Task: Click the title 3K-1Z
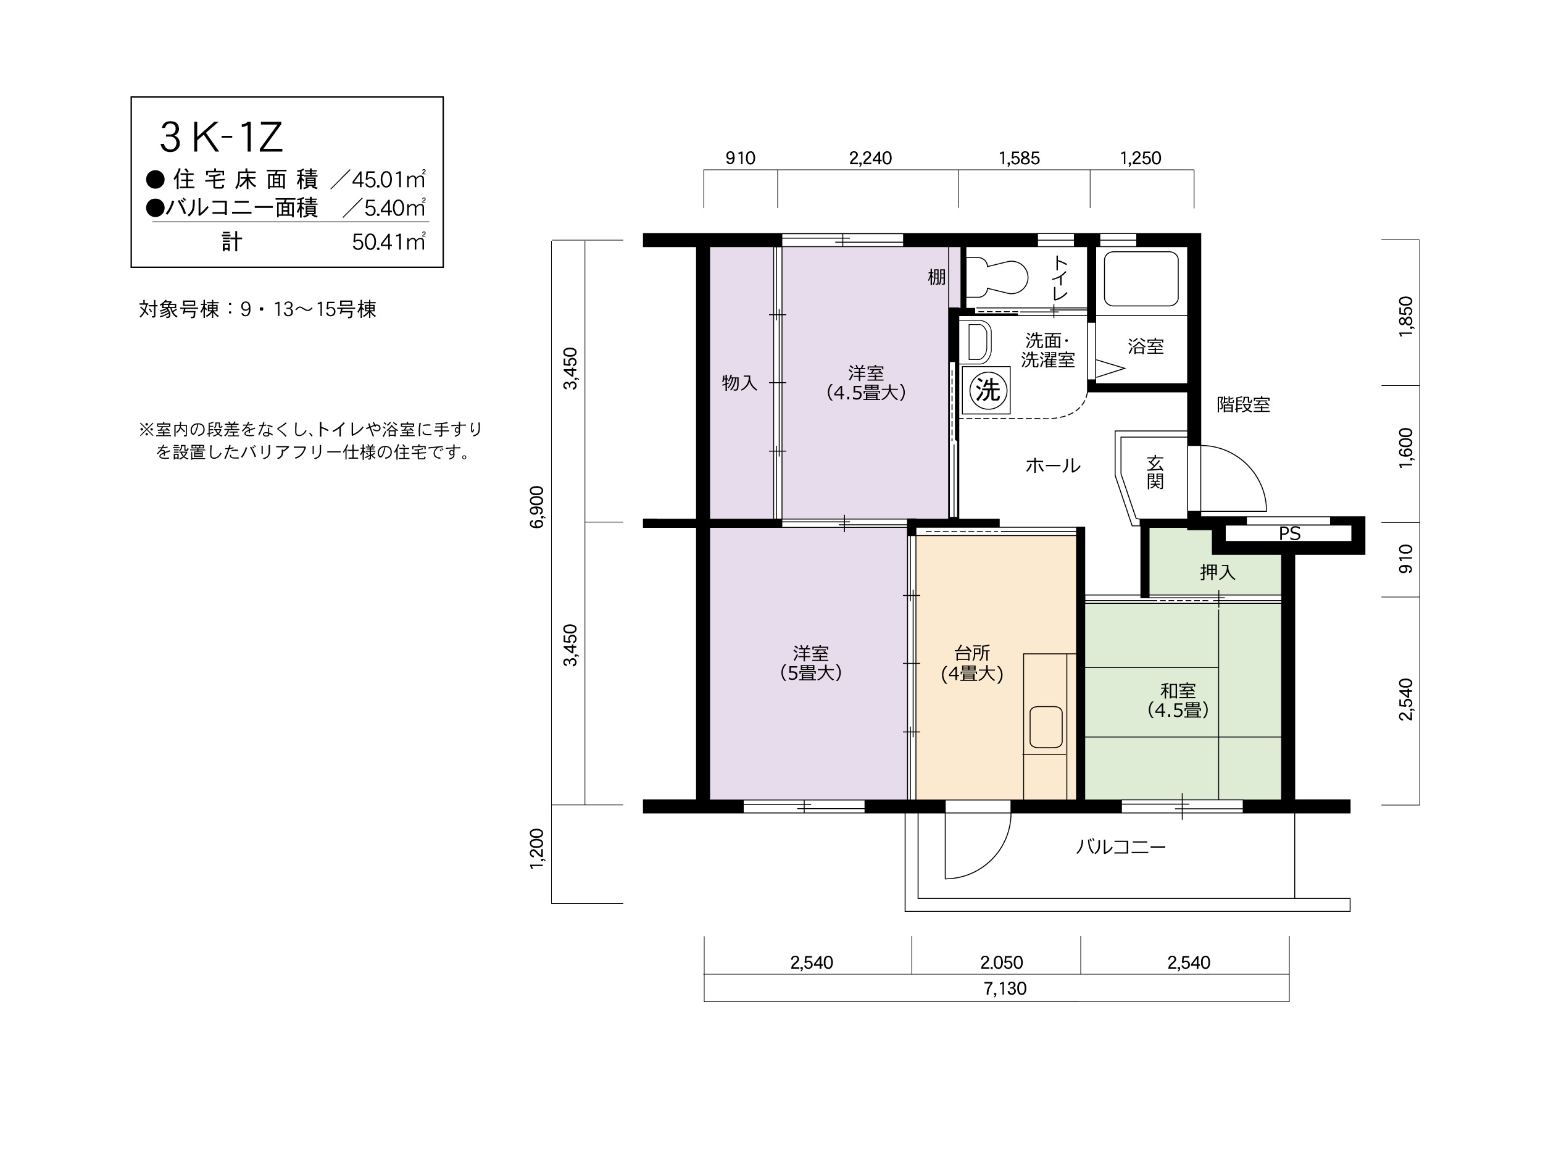[x=221, y=137]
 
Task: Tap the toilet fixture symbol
[x=997, y=277]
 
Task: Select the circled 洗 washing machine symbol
[x=987, y=390]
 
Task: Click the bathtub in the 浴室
[x=1141, y=278]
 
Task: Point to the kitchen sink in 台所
[x=1046, y=727]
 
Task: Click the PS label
[x=1290, y=534]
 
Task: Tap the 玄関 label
[x=1155, y=472]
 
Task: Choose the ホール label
[x=1052, y=466]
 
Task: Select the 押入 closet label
[x=1217, y=572]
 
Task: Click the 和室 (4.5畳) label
[x=1178, y=701]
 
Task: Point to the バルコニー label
[x=1121, y=847]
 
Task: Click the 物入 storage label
[x=739, y=382]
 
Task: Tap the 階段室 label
[x=1243, y=405]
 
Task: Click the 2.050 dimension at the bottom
[x=1001, y=963]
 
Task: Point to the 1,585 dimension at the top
[x=1019, y=159]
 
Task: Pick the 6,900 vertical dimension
[x=536, y=507]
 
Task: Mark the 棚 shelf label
[x=936, y=277]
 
